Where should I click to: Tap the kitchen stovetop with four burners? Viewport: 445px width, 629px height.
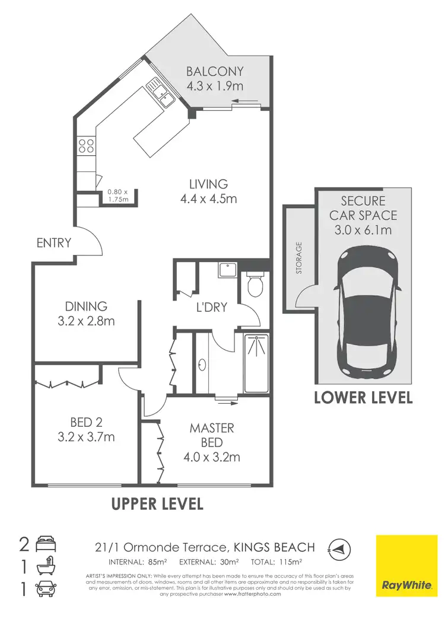(86, 146)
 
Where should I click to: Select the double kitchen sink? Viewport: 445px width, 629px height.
(161, 93)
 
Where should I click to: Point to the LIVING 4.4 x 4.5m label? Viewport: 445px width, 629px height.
(208, 191)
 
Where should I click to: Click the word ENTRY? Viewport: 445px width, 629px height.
(53, 242)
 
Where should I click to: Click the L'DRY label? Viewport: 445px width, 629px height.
(211, 308)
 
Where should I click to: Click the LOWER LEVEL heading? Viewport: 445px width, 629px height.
(363, 398)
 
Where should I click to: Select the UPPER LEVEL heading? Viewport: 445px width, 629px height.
(158, 504)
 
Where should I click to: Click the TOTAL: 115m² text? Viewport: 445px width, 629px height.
(277, 561)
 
